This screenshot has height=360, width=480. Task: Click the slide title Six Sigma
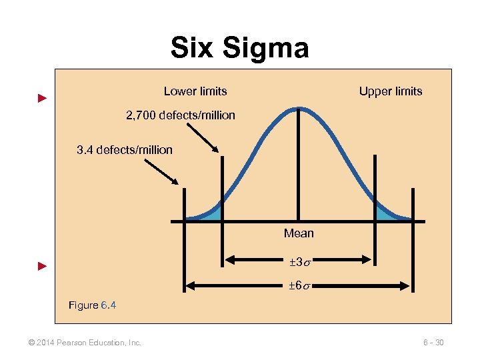239,48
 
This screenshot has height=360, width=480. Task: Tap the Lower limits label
195,91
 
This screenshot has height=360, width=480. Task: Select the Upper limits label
391,91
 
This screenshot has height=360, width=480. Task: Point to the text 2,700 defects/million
181,115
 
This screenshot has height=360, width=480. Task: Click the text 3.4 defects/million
125,150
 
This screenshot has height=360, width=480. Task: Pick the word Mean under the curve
299,233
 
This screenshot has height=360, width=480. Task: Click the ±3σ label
299,260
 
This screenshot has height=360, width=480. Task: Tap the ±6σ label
299,286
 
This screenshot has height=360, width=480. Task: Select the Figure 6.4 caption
93,305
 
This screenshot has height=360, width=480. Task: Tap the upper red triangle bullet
42,99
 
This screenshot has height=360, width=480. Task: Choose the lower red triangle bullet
42,267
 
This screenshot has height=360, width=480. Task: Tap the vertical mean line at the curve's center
298,167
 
